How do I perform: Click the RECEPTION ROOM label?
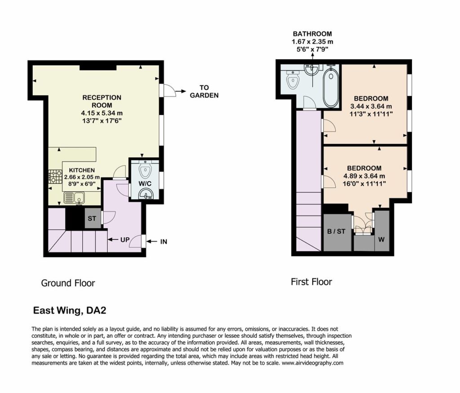pos(102,101)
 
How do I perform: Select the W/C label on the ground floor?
pos(145,184)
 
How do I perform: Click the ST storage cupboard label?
pos(92,218)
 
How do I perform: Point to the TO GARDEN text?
pos(204,91)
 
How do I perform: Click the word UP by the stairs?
pos(125,239)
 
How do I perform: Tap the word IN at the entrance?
pos(164,242)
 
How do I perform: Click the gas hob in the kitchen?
pos(55,177)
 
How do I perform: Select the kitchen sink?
pos(74,198)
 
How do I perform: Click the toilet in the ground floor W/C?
pos(145,169)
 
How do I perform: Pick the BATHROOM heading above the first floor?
pos(313,34)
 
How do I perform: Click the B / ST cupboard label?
pos(336,231)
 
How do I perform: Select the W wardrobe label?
pos(381,239)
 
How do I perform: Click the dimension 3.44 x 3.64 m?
pos(371,106)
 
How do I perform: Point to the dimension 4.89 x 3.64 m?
pos(364,176)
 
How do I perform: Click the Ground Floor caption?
pos(68,283)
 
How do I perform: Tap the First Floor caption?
pos(312,282)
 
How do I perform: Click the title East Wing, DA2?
pos(70,310)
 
